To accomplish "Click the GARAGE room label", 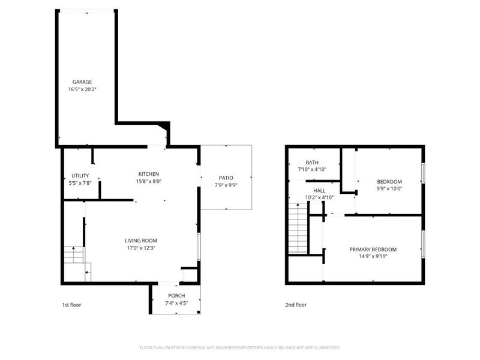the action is click(82, 82).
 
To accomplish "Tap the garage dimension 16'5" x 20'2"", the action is click(82, 89).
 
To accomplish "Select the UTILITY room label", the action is click(80, 176).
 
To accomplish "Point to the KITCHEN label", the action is click(149, 174).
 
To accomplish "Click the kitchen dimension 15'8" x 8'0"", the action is click(149, 181).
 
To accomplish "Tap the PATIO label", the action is click(226, 178).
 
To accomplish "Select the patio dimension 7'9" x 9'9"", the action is click(226, 185).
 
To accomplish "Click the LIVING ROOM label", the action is click(141, 241).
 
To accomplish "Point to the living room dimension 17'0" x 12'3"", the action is click(141, 248).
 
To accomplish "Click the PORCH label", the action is click(176, 296).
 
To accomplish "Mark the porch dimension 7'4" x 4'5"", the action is click(176, 304).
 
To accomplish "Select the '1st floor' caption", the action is click(71, 305).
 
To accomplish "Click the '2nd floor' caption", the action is click(296, 305).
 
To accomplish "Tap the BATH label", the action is click(312, 163).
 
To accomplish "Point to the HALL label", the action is click(319, 191).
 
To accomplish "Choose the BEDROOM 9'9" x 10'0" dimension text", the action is click(389, 189).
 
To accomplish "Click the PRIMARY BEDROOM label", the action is click(373, 250).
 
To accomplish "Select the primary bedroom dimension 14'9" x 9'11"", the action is click(373, 257).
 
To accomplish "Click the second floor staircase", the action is click(298, 228).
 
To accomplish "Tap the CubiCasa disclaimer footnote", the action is click(239, 348).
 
